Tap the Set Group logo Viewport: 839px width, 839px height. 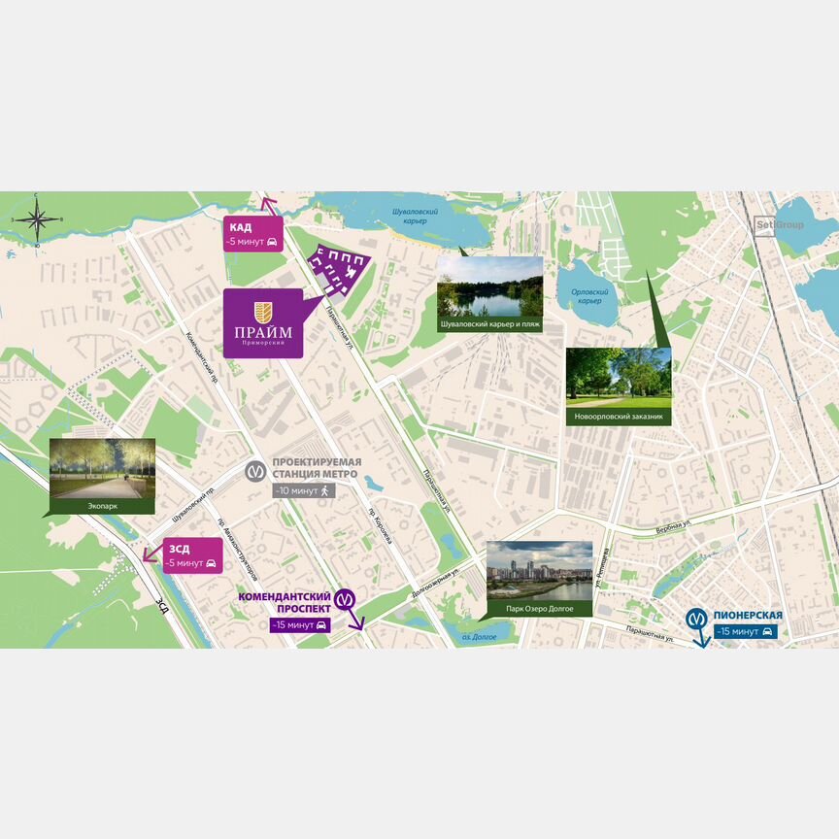tap(780, 225)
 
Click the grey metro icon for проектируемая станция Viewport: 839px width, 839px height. tap(255, 469)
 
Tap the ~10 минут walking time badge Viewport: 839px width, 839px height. tap(304, 491)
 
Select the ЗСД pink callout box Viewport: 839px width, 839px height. tap(192, 555)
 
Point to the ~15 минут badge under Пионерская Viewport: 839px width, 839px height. tap(744, 632)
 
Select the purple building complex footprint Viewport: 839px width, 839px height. tap(339, 267)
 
